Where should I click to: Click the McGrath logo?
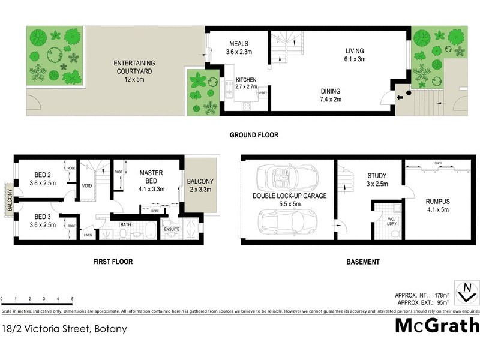pyautogui.click(x=437, y=325)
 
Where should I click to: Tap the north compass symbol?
pyautogui.click(x=466, y=293)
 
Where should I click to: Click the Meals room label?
pyautogui.click(x=238, y=47)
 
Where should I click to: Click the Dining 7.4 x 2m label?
pyautogui.click(x=331, y=95)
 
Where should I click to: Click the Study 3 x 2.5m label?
pyautogui.click(x=377, y=179)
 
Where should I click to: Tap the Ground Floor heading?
pyautogui.click(x=254, y=135)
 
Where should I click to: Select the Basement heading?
pyautogui.click(x=364, y=262)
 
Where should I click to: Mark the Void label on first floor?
pyautogui.click(x=87, y=185)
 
